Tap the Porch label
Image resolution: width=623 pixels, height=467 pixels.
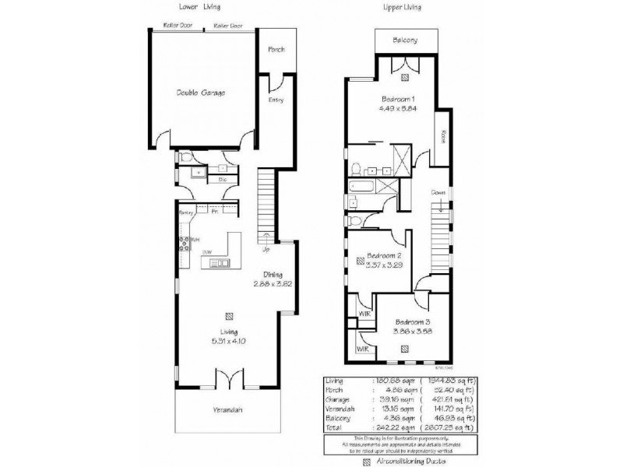(x=276, y=49)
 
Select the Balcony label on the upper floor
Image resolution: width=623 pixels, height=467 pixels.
(x=405, y=40)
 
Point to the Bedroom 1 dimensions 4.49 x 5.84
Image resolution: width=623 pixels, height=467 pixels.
(x=403, y=108)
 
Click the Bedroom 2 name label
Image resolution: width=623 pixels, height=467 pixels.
(x=384, y=256)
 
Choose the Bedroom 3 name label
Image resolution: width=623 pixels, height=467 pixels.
(x=412, y=322)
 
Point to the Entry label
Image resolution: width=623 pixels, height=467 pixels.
(x=276, y=100)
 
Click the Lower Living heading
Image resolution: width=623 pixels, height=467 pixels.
(x=198, y=6)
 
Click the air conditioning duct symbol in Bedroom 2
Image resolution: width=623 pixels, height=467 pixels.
(x=361, y=264)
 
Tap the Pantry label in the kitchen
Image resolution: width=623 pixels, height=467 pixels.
(x=185, y=212)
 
